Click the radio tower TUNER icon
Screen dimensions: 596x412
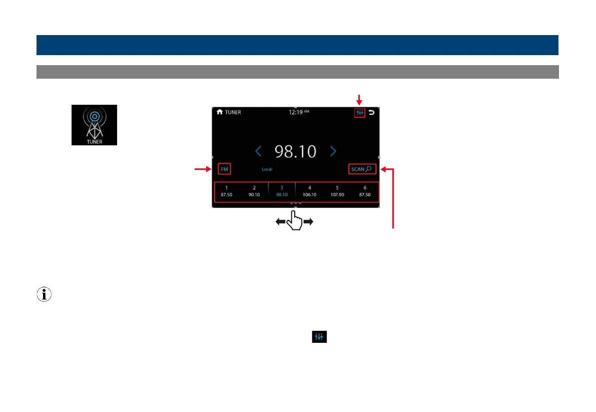94,125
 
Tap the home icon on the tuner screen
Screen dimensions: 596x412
219,112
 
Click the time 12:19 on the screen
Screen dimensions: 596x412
299,112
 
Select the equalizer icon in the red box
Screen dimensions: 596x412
359,113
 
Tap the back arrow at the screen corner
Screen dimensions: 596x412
371,113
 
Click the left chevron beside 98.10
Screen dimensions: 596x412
258,151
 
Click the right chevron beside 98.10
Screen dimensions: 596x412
333,151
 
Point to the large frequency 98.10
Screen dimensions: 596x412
295,151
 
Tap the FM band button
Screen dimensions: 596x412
224,169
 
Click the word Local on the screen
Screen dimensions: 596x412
267,169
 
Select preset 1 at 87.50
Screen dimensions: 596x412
227,191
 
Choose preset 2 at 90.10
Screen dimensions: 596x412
254,191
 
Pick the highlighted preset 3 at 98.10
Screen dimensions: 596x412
282,191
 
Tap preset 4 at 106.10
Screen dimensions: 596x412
309,191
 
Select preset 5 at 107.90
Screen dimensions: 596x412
337,191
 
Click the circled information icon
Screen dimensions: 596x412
44,295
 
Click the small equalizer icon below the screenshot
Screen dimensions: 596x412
319,337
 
